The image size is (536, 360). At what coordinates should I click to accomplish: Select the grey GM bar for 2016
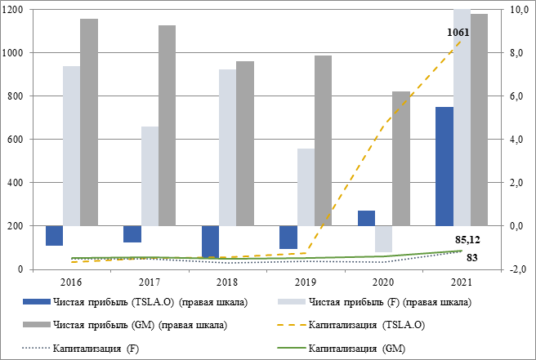coord(89,122)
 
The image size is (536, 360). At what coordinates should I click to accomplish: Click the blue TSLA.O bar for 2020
coord(366,218)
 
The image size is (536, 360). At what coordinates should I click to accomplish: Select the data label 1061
coord(458,33)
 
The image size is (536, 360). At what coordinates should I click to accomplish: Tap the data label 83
coord(472,259)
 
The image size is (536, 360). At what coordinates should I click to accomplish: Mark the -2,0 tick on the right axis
coord(516,269)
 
